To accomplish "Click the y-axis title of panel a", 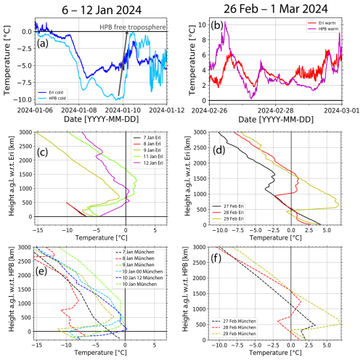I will coord(7,61).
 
